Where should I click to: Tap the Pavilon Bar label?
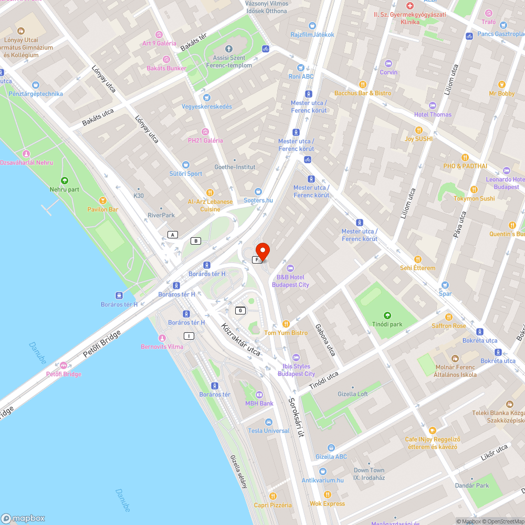(x=103, y=209)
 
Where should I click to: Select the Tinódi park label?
(x=387, y=324)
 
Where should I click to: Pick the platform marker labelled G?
(x=240, y=310)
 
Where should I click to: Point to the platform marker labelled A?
(x=173, y=234)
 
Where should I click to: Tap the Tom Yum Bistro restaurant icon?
(x=286, y=324)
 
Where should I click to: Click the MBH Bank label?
(x=259, y=403)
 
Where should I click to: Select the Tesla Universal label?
(x=269, y=430)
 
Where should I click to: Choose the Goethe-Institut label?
(x=235, y=167)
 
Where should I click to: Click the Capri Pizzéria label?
(x=272, y=505)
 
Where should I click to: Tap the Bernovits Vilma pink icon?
(x=162, y=338)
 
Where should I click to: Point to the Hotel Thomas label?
(x=433, y=114)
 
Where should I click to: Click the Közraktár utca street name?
(x=241, y=339)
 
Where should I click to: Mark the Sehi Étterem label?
(x=417, y=268)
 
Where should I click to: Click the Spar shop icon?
(x=445, y=285)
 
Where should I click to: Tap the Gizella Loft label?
(x=353, y=394)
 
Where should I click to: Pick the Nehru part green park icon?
(x=65, y=181)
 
